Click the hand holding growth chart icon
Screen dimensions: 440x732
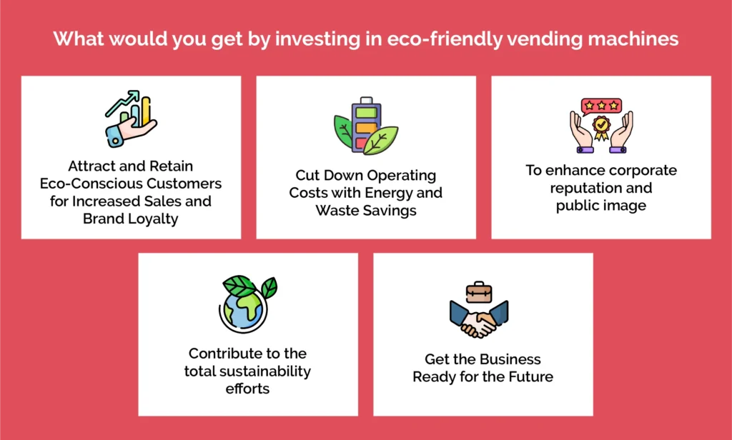131,119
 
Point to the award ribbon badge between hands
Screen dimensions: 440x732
601,131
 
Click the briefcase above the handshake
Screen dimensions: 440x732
479,291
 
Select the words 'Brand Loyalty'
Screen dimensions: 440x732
131,219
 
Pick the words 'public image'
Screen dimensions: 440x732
601,206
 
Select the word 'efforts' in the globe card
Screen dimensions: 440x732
247,389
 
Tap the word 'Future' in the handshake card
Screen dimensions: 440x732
527,376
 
